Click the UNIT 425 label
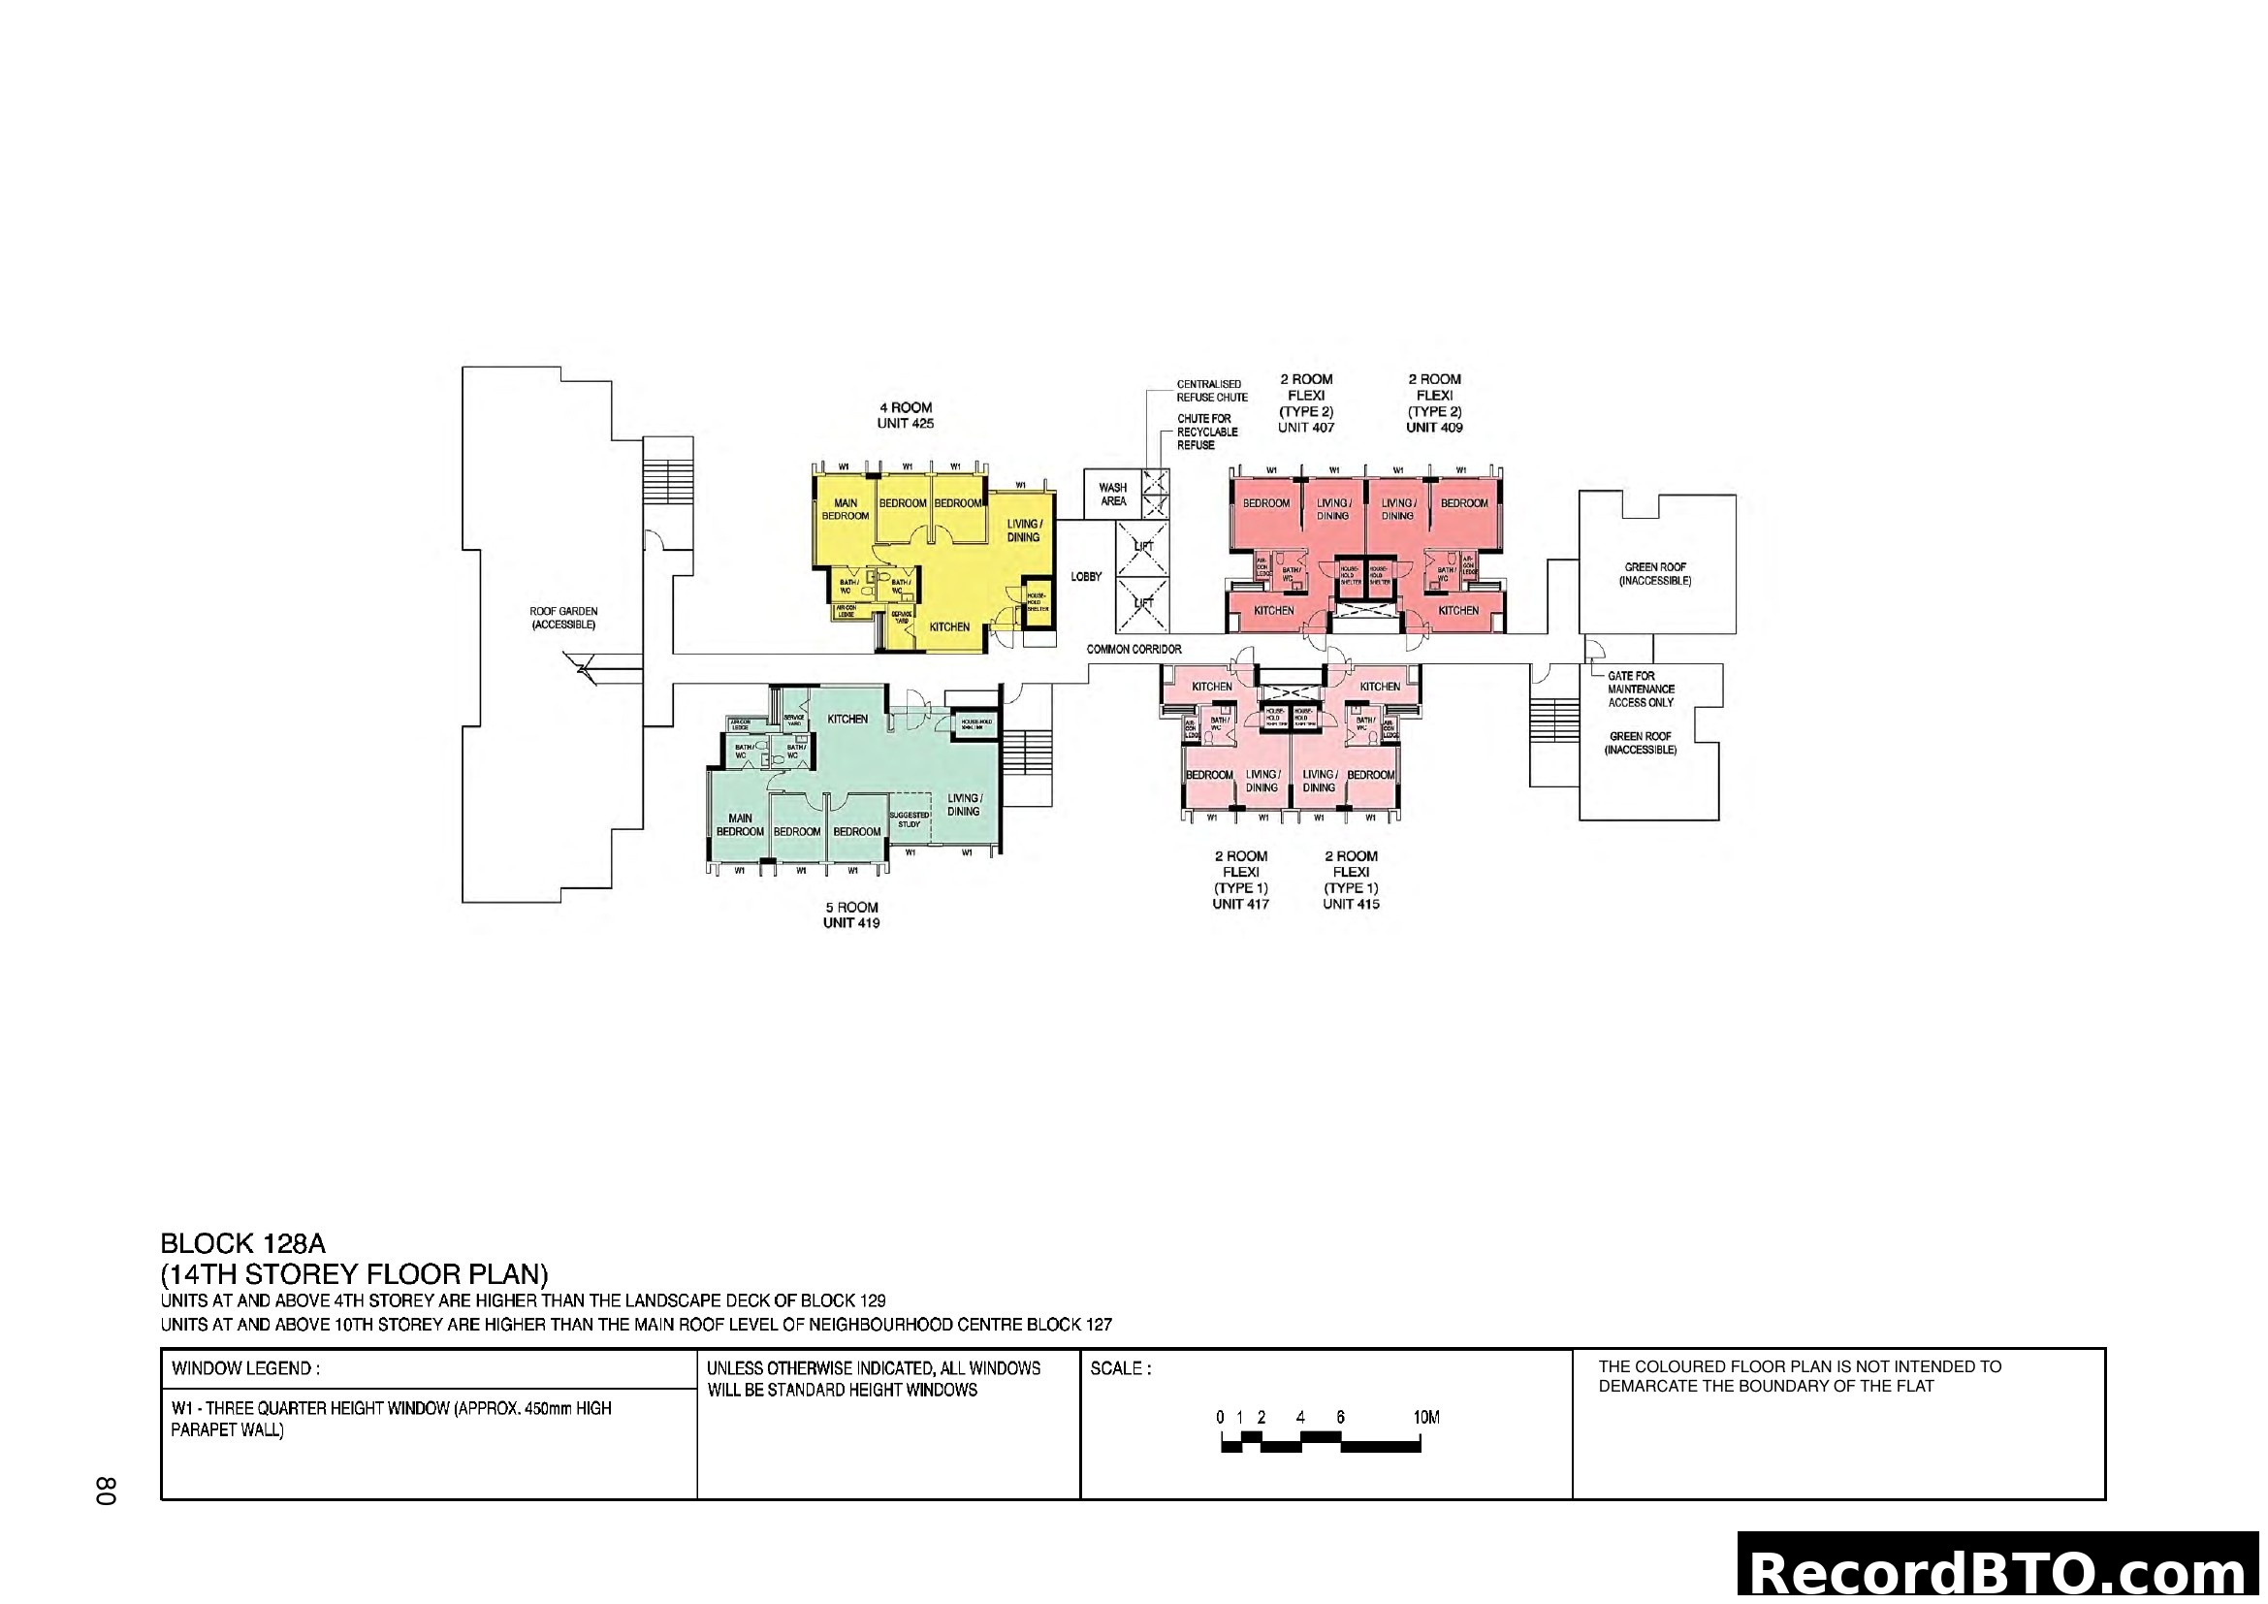point(905,424)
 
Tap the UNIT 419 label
point(850,923)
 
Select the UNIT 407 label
point(1306,428)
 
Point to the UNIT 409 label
point(1434,428)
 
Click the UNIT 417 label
point(1241,904)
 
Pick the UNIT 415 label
point(1351,904)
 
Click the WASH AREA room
point(1112,495)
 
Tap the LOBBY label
point(1086,577)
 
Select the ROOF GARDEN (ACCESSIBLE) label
point(563,619)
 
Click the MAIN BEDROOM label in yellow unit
point(846,510)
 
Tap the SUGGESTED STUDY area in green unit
point(909,819)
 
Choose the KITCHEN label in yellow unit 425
point(949,627)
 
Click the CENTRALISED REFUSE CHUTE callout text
point(1212,391)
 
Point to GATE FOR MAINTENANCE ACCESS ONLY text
point(1641,690)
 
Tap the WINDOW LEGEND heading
point(245,1369)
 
